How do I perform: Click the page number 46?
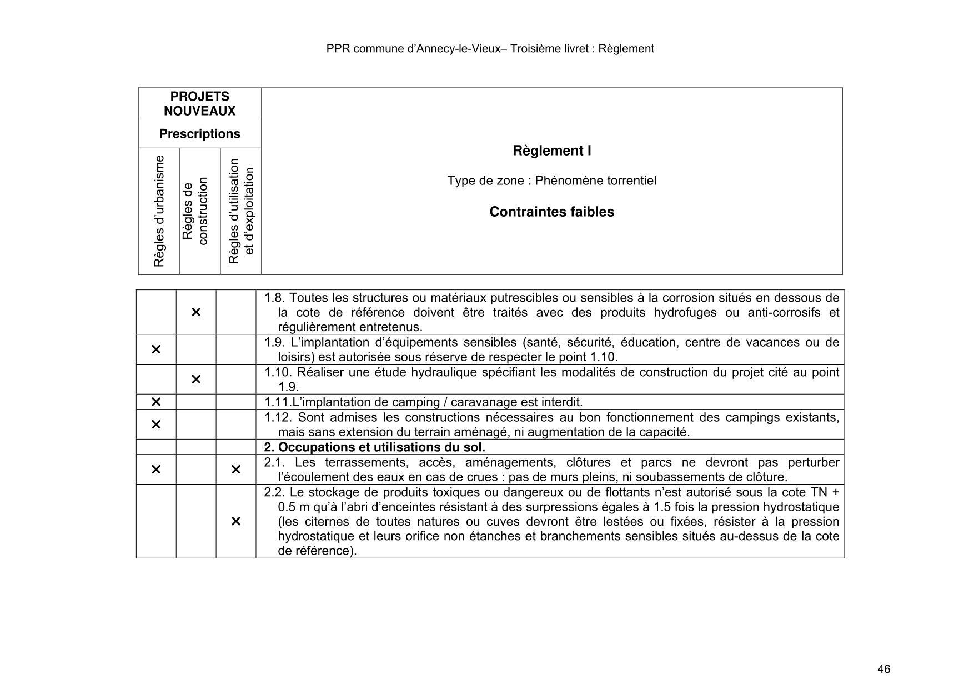point(883,669)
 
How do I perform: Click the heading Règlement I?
point(551,151)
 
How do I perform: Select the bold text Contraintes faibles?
point(551,212)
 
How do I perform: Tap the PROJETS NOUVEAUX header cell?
point(199,103)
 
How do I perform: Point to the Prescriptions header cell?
point(199,134)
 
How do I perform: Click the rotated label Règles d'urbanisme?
point(159,211)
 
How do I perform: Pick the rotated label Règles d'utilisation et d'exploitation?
point(241,211)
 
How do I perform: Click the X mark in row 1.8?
point(196,312)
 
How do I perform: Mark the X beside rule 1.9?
point(156,350)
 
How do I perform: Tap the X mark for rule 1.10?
point(196,380)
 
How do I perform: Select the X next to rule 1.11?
point(156,402)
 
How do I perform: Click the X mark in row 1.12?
point(156,425)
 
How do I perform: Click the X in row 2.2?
point(235,521)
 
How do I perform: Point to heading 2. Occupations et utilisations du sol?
point(374,447)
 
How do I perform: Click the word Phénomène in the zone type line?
point(561,181)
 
